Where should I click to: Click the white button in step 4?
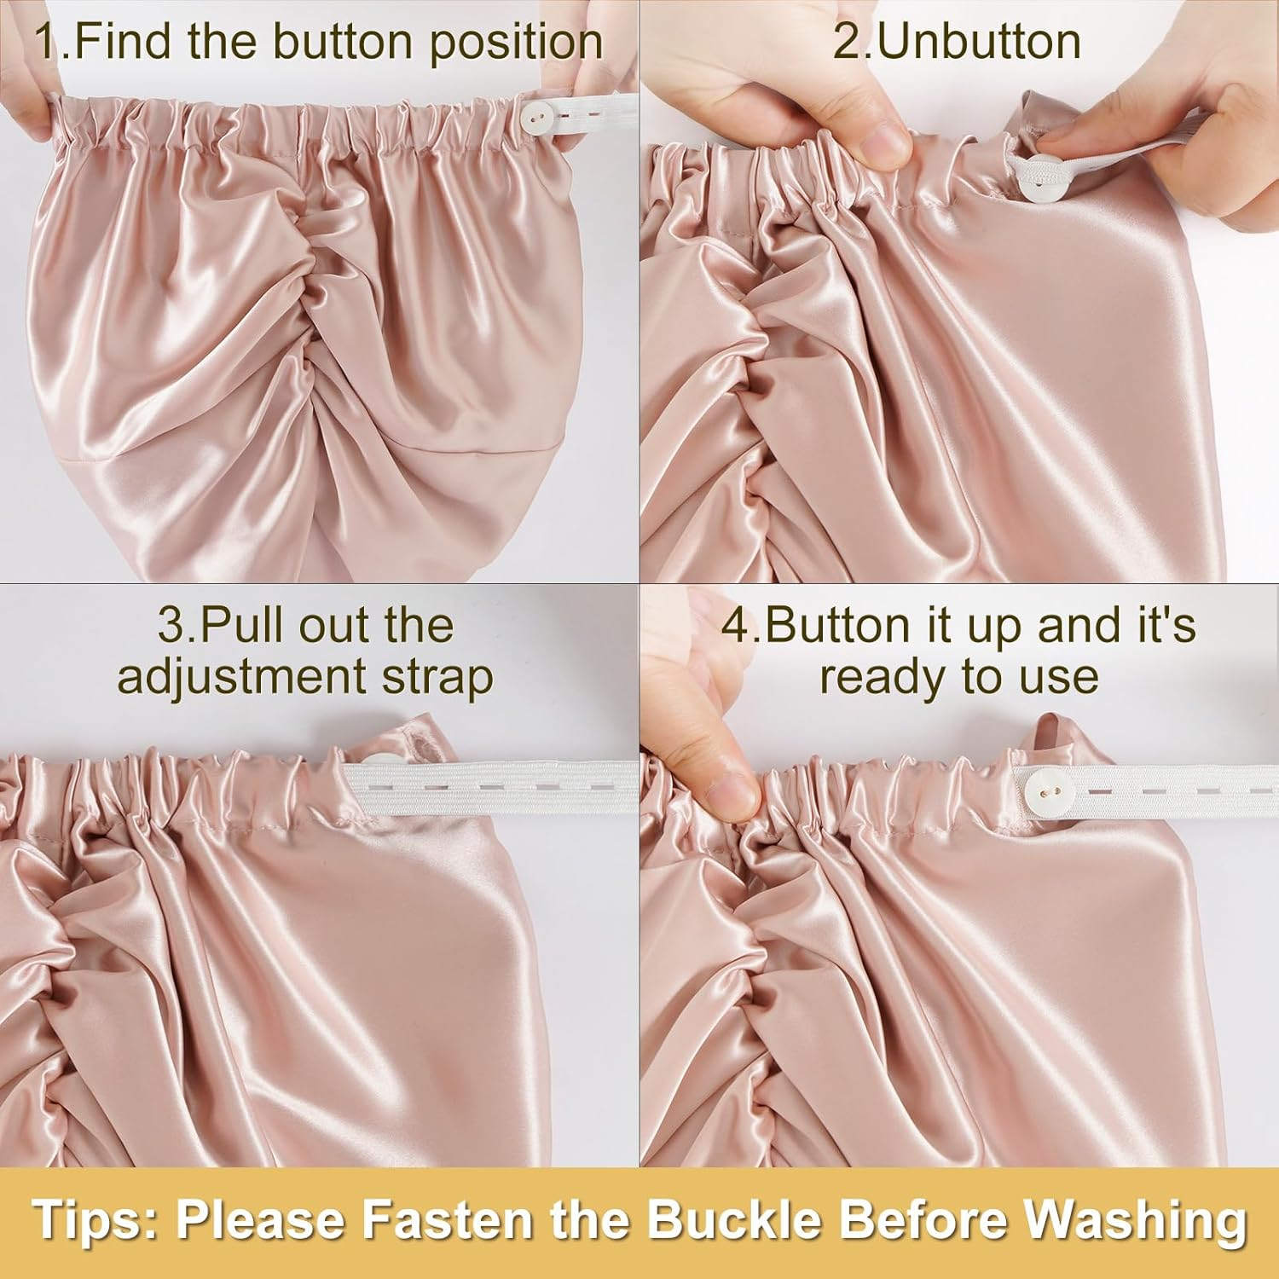(1041, 784)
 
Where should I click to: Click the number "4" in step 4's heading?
(735, 627)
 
